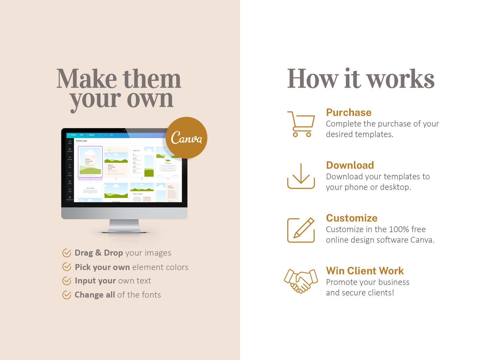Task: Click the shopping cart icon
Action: click(301, 124)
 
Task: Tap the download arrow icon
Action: click(301, 176)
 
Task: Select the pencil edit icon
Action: click(301, 230)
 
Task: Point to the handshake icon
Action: click(301, 281)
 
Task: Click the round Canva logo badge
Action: click(186, 138)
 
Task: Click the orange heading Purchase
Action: click(348, 113)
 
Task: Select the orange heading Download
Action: click(350, 165)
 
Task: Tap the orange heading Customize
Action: click(351, 218)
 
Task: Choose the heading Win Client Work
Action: click(365, 271)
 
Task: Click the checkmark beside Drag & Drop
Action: click(67, 253)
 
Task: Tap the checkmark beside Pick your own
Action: click(67, 267)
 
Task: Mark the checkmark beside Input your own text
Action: click(67, 281)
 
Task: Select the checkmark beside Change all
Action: click(67, 295)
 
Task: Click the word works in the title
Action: click(400, 79)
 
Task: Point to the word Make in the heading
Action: click(86, 79)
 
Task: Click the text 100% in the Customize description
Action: click(399, 229)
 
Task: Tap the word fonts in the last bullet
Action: click(151, 295)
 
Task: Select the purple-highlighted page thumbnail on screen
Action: click(90, 162)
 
